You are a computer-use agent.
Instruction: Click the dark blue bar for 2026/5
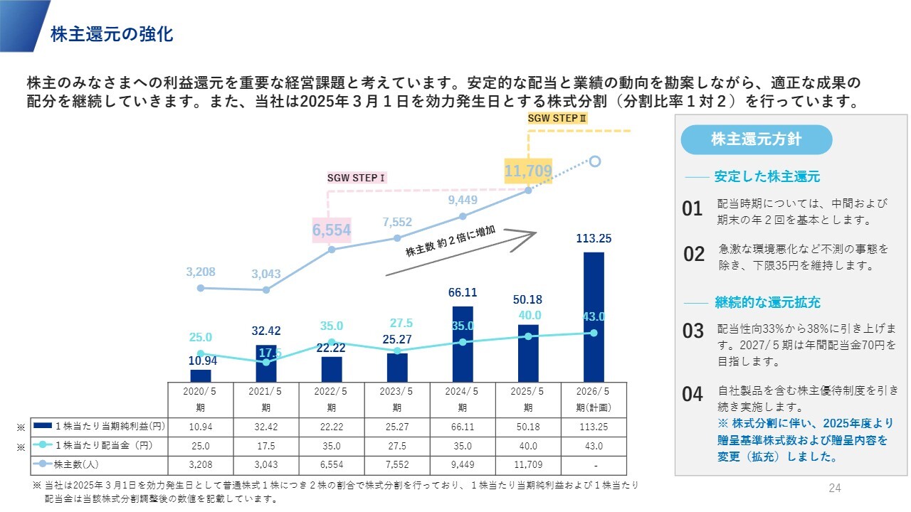pos(594,317)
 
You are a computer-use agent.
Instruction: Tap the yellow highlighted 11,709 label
pos(528,171)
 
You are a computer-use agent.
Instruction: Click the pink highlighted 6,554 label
pos(332,230)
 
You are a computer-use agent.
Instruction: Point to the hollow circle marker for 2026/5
pos(595,161)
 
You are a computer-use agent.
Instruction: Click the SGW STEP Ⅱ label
pos(557,118)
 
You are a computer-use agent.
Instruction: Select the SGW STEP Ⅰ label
pos(356,178)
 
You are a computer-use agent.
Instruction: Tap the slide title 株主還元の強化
pos(112,34)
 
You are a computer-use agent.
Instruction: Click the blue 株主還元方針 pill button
pos(756,139)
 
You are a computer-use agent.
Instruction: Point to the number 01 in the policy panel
pos(692,209)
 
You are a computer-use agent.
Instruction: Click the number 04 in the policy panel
pos(692,395)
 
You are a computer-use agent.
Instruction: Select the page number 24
pos(835,488)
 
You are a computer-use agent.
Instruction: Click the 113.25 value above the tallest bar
pos(594,239)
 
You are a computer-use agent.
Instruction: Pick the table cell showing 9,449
pos(463,465)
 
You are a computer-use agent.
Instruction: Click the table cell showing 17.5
pos(266,446)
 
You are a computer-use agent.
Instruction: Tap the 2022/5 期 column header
pos(332,400)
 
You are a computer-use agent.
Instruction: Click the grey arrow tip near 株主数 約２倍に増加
pos(534,233)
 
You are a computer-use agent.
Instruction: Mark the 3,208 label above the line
pos(200,272)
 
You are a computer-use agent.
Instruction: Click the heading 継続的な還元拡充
pos(767,302)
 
